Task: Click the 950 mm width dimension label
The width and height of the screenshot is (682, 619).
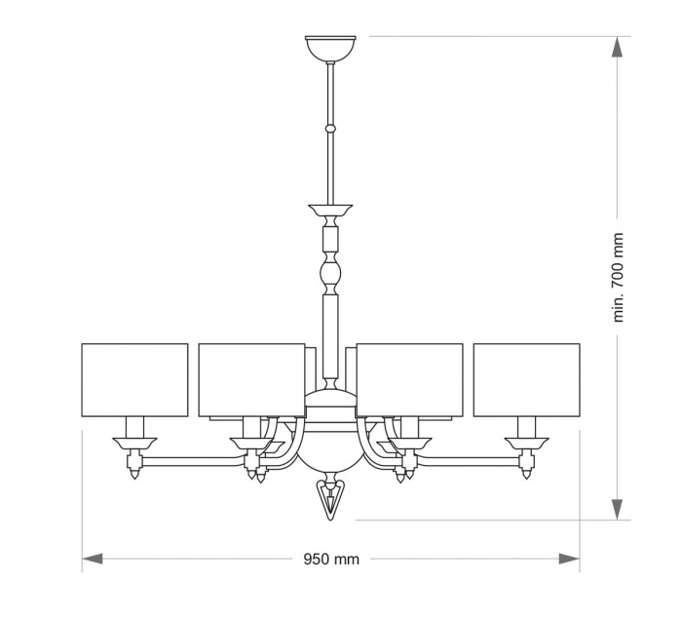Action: tap(331, 559)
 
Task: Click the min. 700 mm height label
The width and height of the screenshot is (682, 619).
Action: tap(618, 278)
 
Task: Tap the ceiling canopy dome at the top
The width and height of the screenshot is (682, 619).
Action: tap(330, 49)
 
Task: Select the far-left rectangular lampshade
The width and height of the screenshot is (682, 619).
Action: tap(134, 380)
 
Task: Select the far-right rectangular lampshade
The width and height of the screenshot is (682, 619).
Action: tap(527, 380)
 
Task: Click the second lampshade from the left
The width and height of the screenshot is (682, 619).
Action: tap(251, 380)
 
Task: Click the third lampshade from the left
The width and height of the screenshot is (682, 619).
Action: tap(410, 380)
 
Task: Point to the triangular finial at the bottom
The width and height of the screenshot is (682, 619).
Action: tap(330, 500)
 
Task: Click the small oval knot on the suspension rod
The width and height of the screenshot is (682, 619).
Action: tap(330, 129)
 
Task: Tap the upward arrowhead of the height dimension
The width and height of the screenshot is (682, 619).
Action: tap(618, 47)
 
